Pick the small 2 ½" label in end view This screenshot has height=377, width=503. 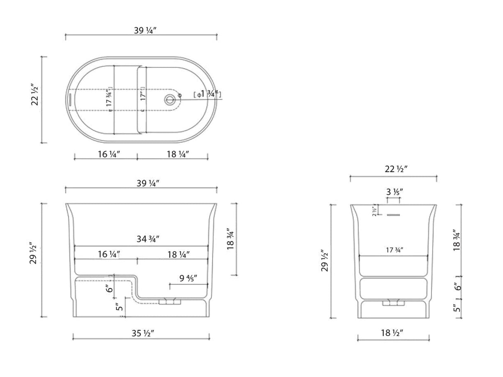[374, 211]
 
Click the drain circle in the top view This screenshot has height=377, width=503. [169, 99]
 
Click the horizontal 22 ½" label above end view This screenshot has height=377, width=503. [393, 169]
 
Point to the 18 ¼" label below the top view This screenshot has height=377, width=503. [178, 154]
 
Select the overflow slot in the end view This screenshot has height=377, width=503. [393, 215]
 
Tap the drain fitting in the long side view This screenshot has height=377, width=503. [170, 302]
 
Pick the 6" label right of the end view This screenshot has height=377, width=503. [457, 286]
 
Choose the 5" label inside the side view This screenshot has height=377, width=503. [119, 307]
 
